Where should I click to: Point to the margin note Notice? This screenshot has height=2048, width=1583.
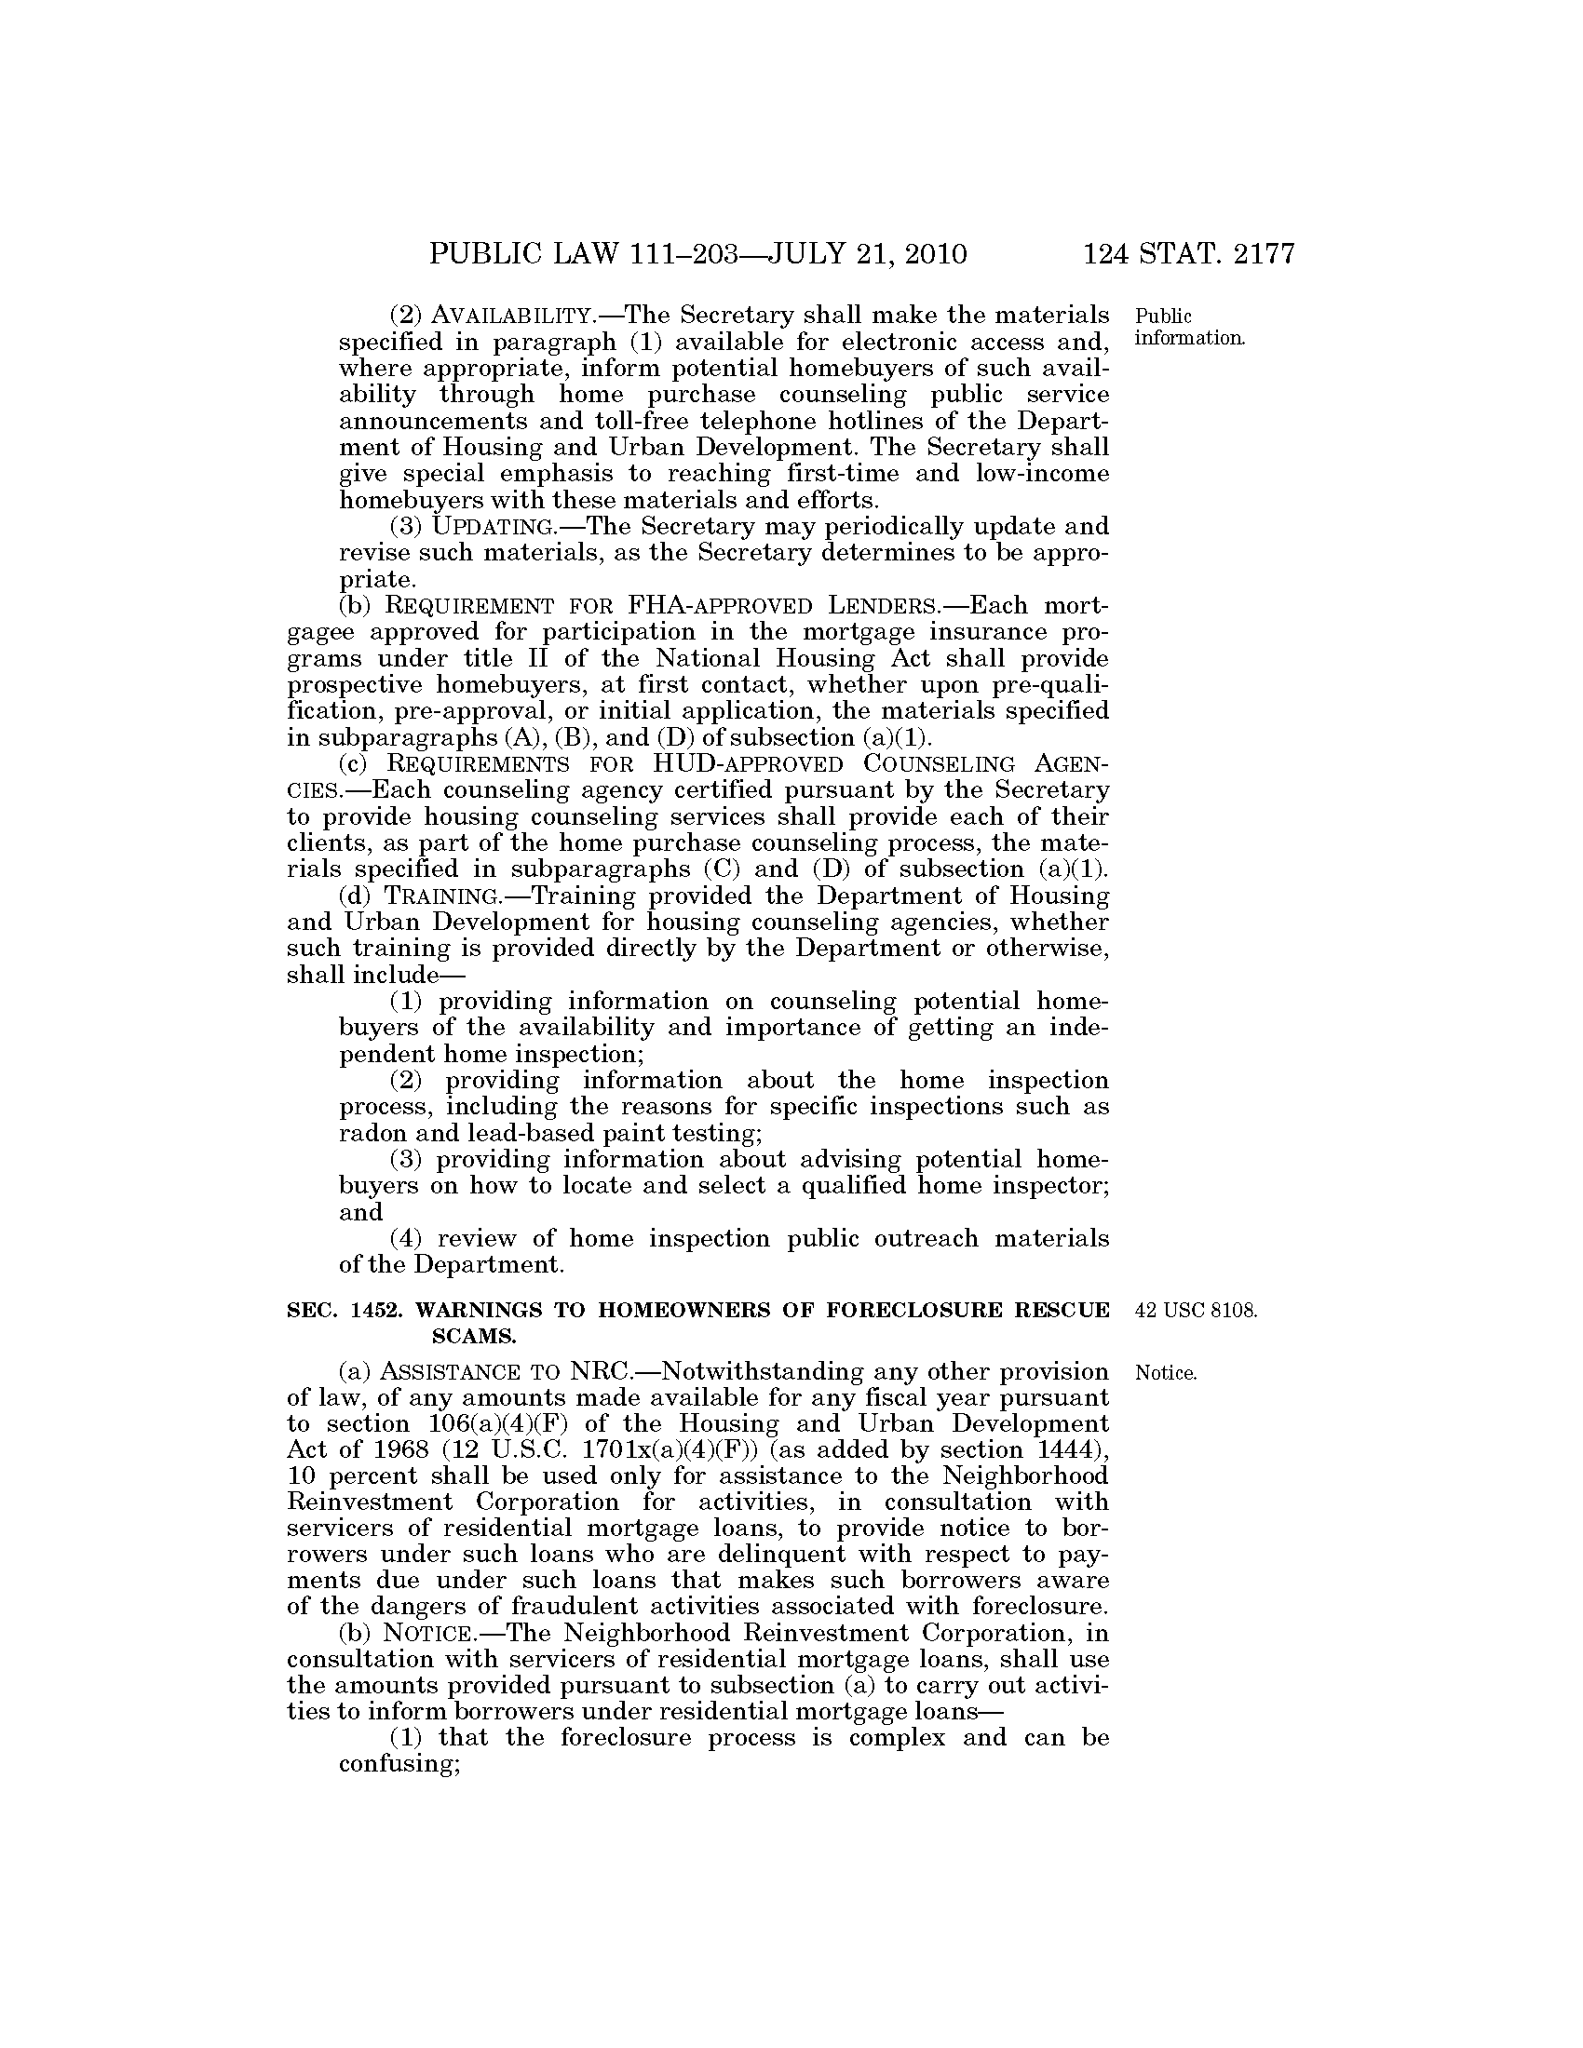[x=1166, y=1374]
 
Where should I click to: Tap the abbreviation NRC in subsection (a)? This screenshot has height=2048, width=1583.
[x=597, y=1372]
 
